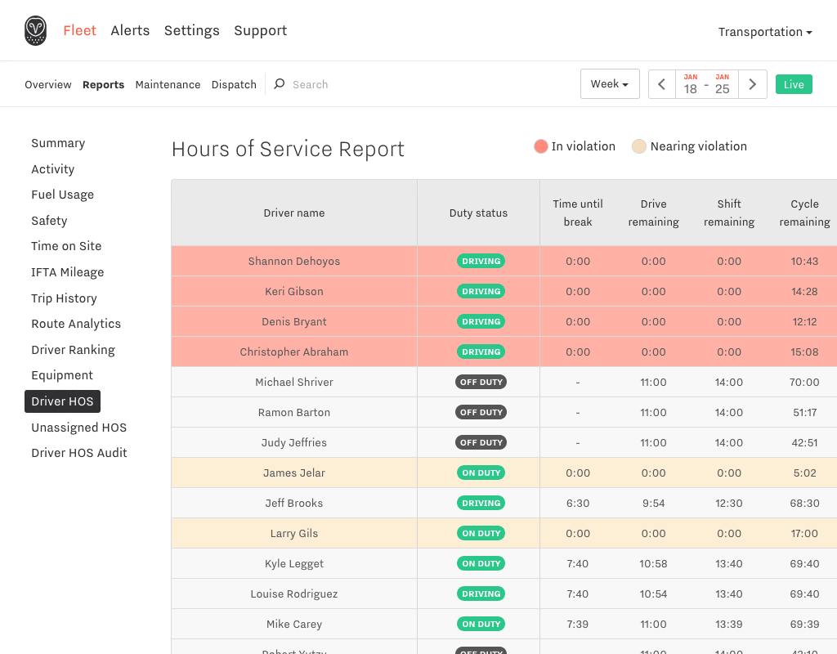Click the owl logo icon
35,30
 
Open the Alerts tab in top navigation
130,30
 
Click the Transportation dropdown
765,32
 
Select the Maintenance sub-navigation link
168,84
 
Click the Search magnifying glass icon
280,84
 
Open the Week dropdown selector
610,84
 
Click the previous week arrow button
662,84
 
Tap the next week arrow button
753,84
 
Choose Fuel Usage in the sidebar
62,195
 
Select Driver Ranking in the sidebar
73,350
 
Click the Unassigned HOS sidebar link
79,427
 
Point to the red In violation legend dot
541,146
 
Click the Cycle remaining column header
804,213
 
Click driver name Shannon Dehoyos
294,261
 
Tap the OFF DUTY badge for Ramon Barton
481,412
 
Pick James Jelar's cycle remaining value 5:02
804,473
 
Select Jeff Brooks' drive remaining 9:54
653,503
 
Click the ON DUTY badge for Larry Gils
481,533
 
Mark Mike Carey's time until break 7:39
578,624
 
